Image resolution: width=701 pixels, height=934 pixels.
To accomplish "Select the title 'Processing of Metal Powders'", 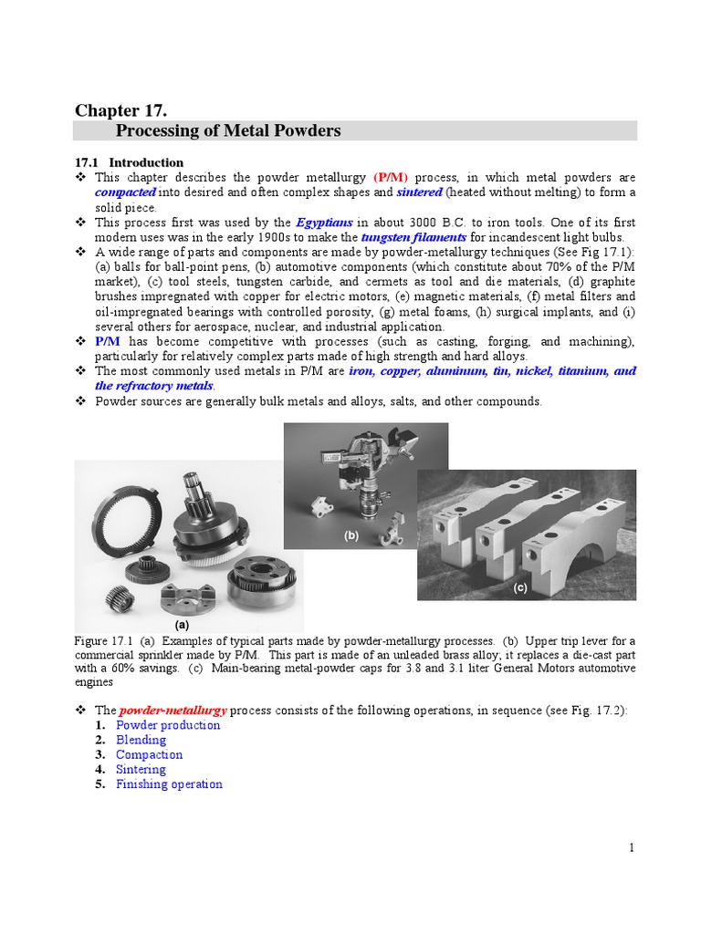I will pos(228,131).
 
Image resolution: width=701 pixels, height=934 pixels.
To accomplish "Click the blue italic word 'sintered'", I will pos(420,192).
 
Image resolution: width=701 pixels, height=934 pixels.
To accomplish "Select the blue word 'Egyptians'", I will pos(325,223).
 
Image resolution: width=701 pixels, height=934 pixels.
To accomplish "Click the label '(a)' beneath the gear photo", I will pos(182,625).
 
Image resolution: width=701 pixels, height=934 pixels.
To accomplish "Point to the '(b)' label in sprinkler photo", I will pos(352,536).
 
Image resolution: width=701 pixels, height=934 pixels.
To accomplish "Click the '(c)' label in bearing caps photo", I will pos(519,588).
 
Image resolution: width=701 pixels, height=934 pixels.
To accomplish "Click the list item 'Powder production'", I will pos(168,725).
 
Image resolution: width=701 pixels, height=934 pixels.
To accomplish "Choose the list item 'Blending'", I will pos(141,740).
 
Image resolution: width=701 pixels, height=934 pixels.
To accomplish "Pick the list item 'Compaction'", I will pos(149,754).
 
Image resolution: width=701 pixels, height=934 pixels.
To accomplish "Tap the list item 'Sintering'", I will pos(141,769).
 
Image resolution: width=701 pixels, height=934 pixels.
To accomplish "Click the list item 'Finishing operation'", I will pos(169,784).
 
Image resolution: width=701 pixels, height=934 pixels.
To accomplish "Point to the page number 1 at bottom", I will pos(631,847).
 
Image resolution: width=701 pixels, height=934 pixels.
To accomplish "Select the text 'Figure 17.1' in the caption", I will pos(103,641).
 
